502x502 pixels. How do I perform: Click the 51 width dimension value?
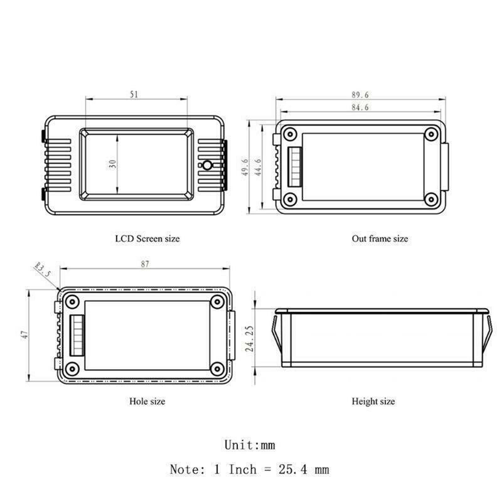point(135,94)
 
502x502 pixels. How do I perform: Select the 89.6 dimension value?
point(360,94)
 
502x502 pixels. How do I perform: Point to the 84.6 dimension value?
point(360,108)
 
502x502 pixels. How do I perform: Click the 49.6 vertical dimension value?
point(245,167)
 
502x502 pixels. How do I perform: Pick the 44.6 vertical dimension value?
point(258,167)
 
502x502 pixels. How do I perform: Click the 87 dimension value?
point(145,264)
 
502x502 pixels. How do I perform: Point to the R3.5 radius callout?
point(43,271)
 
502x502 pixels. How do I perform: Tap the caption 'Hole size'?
point(147,400)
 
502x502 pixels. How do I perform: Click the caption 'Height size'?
point(373,400)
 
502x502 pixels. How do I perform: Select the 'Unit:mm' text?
point(250,445)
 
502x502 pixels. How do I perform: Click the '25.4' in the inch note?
point(291,469)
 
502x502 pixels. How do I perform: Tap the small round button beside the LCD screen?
point(206,166)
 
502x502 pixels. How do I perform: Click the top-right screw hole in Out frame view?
point(430,134)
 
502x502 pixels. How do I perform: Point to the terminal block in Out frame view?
point(293,166)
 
